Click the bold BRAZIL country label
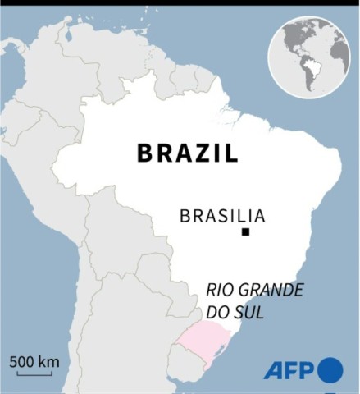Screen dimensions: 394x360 coord(187,153)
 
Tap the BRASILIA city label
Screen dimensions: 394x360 coord(222,217)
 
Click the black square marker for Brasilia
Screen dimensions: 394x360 coord(244,234)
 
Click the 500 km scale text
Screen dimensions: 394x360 coord(34,360)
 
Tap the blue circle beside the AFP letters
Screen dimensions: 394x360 coord(330,370)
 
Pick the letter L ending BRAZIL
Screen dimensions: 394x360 coord(232,153)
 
